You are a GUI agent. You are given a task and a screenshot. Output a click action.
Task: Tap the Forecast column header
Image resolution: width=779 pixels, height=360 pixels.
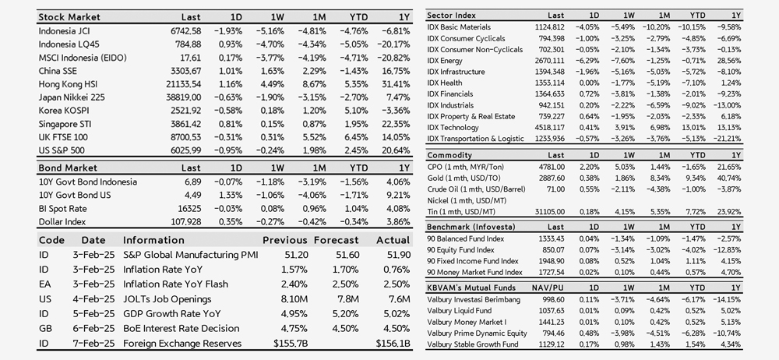pyautogui.click(x=336, y=240)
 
